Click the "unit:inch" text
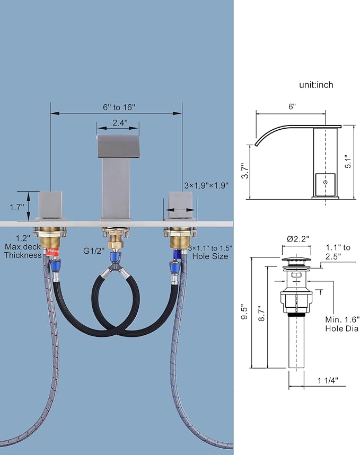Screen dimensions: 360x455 316,85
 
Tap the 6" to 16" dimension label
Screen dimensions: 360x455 119,107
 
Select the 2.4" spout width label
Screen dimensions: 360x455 120,123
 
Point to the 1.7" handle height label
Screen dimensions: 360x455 17,207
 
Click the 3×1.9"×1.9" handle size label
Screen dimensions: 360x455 206,185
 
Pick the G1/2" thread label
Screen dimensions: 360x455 93,251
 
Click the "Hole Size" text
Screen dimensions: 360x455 210,256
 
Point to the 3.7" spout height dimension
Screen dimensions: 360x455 245,171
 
